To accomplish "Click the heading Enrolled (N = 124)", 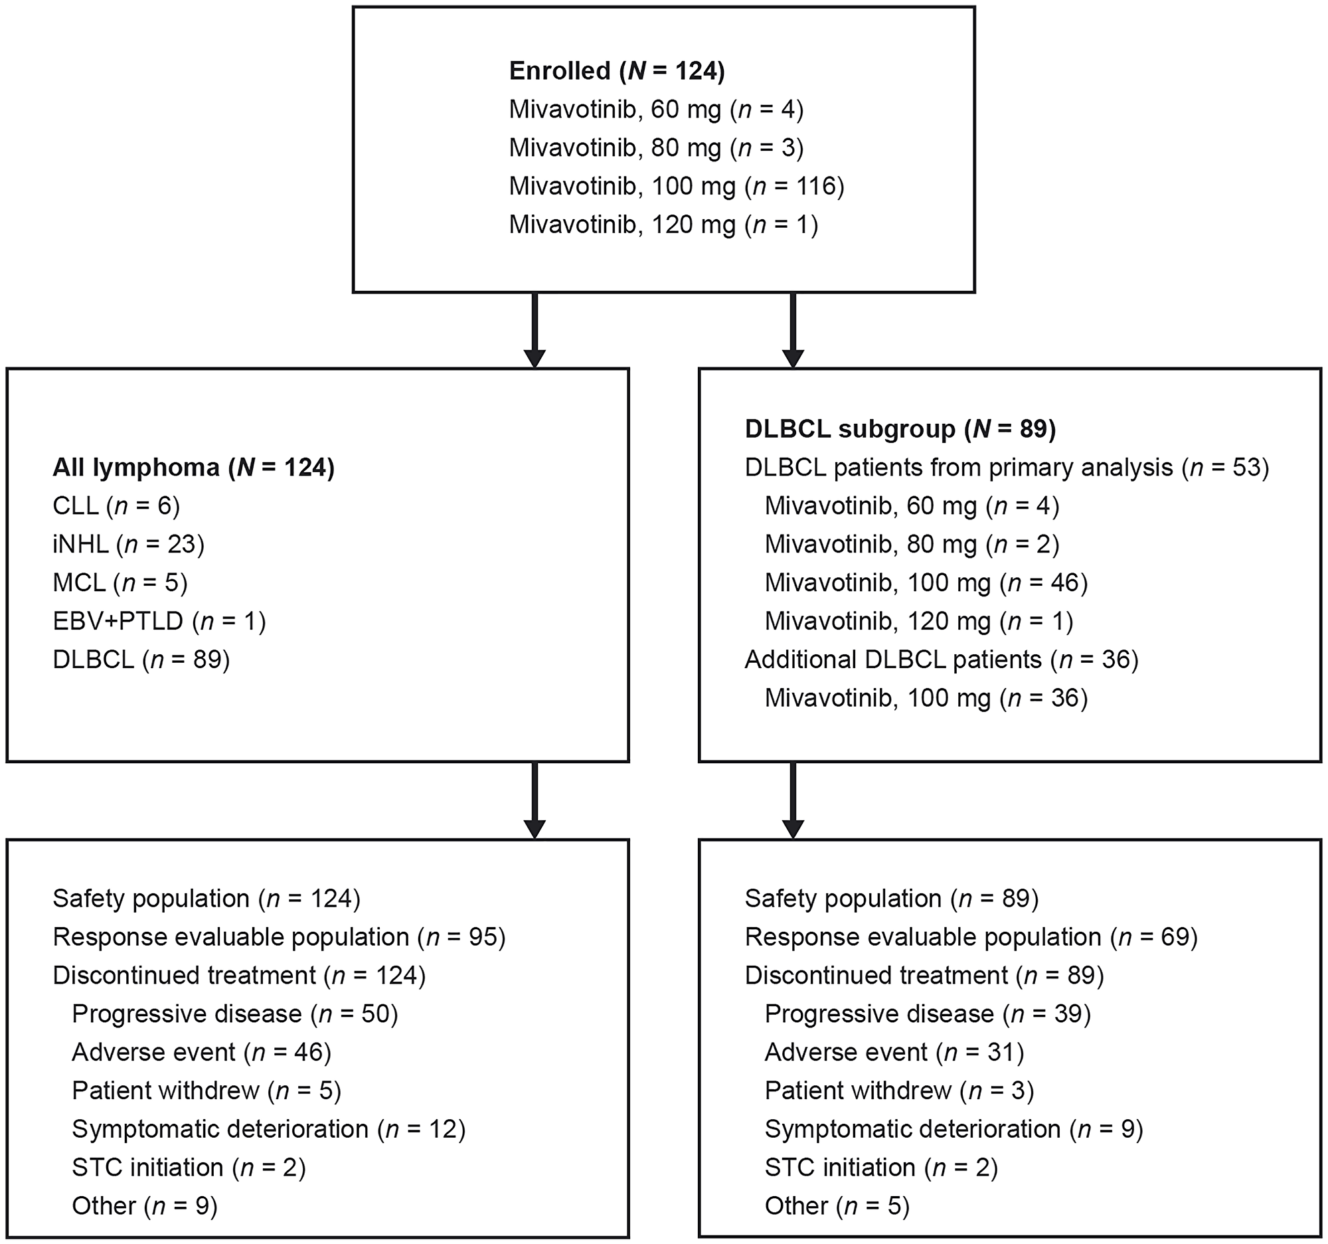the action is pyautogui.click(x=617, y=71).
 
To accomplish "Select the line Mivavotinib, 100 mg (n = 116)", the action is pyautogui.click(x=677, y=186).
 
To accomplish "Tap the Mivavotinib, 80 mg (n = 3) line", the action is pyautogui.click(x=656, y=147).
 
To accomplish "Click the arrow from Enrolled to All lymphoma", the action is pyautogui.click(x=535, y=330).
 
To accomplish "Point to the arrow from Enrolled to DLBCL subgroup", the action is pyautogui.click(x=793, y=330).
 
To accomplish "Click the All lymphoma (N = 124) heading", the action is pyautogui.click(x=194, y=468).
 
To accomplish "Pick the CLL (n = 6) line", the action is pyautogui.click(x=116, y=505).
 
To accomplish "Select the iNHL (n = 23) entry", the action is pyautogui.click(x=128, y=545).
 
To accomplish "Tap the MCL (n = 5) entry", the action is pyautogui.click(x=120, y=582).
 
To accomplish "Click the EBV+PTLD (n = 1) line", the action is pyautogui.click(x=159, y=621).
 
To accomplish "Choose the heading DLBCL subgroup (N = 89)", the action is pyautogui.click(x=900, y=429).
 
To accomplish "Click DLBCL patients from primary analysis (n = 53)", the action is pyautogui.click(x=1007, y=468).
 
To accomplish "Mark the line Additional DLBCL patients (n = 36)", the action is pyautogui.click(x=942, y=660).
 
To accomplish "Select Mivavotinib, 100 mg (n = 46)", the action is pyautogui.click(x=926, y=582).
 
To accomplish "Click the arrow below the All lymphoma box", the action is pyautogui.click(x=535, y=800).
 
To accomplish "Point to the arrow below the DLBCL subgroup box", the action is pyautogui.click(x=793, y=800).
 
